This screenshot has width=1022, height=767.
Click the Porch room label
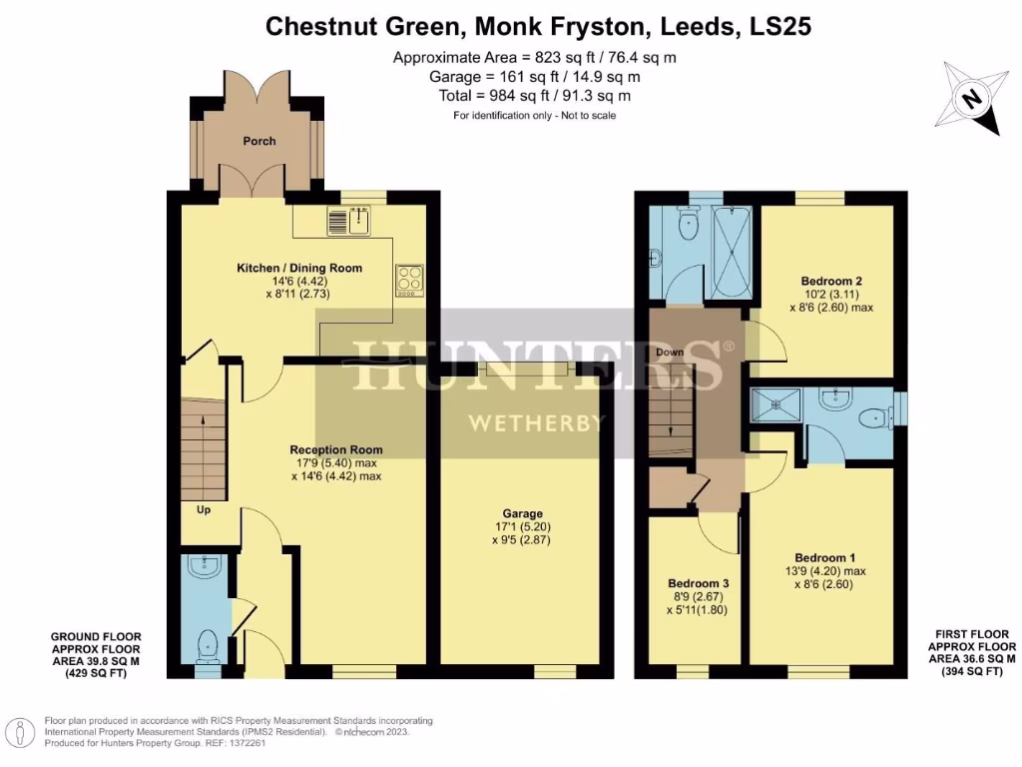pyautogui.click(x=259, y=141)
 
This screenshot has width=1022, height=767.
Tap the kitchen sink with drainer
pyautogui.click(x=349, y=222)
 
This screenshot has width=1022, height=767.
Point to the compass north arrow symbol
pyautogui.click(x=970, y=98)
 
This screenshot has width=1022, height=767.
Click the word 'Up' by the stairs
pyautogui.click(x=204, y=509)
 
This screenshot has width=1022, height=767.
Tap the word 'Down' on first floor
pyautogui.click(x=670, y=353)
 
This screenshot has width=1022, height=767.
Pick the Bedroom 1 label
pyautogui.click(x=824, y=557)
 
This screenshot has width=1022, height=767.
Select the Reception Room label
pyautogui.click(x=335, y=449)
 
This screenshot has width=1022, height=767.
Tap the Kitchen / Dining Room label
pyautogui.click(x=299, y=268)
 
